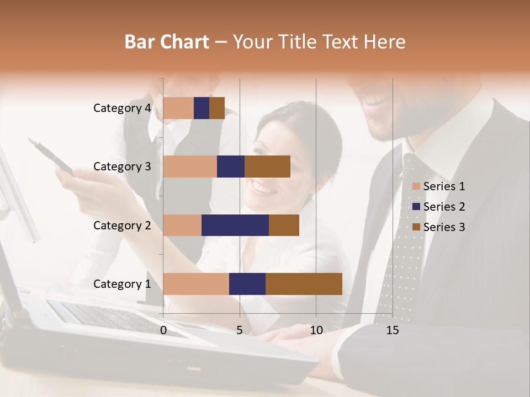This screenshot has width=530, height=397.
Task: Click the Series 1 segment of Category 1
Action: tap(196, 284)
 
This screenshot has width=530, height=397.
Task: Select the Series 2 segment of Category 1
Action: tap(247, 284)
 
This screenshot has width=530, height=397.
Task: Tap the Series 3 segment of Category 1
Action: tap(304, 284)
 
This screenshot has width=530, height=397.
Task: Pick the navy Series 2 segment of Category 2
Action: tap(235, 225)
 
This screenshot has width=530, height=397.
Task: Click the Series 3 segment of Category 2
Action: tap(284, 225)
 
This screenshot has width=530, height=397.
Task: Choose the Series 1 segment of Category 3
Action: tap(190, 167)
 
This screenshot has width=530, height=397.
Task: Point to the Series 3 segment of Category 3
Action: tap(267, 167)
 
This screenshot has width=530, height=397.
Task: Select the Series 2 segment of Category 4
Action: tap(202, 108)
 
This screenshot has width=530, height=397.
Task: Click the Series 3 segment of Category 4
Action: tap(217, 108)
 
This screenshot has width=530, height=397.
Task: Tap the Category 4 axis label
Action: tap(122, 108)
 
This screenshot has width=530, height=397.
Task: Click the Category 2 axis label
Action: tap(122, 225)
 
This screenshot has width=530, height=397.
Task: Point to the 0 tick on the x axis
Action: tap(163, 330)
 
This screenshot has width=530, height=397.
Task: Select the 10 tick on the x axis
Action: tap(316, 330)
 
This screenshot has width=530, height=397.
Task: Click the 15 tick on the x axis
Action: tap(393, 330)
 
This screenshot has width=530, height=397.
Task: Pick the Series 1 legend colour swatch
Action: tap(416, 186)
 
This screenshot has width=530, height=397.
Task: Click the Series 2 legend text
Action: tap(444, 207)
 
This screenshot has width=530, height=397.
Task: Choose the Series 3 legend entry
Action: tap(439, 227)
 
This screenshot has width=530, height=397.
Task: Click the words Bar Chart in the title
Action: tap(166, 41)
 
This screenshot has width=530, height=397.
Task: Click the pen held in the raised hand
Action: tap(52, 155)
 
